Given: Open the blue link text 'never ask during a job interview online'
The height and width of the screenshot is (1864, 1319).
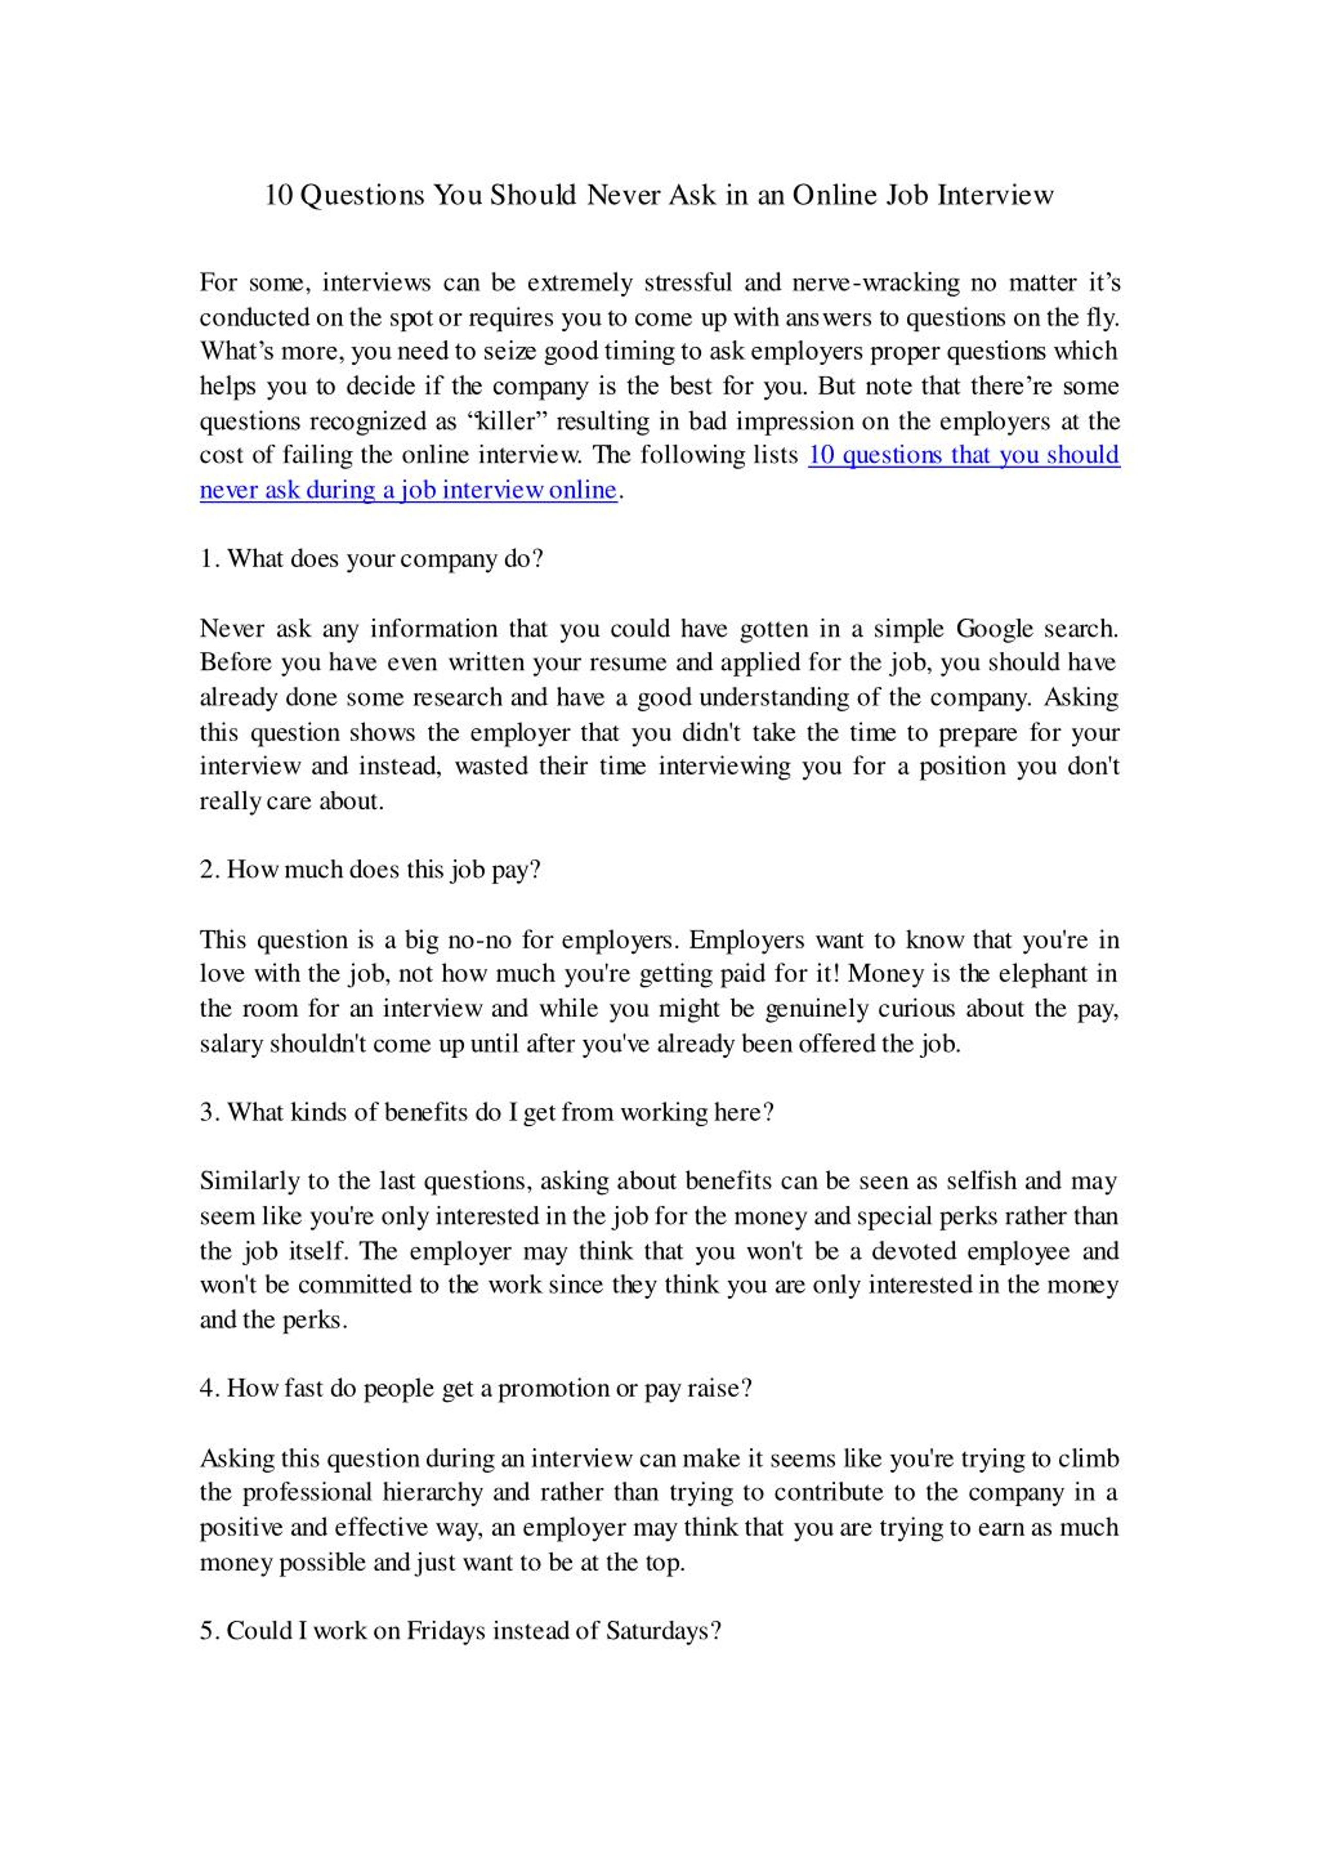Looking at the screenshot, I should tap(408, 490).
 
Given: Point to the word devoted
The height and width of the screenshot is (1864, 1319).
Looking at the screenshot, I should tap(913, 1251).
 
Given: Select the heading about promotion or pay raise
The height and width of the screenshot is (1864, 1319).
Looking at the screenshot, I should tap(476, 1389).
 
